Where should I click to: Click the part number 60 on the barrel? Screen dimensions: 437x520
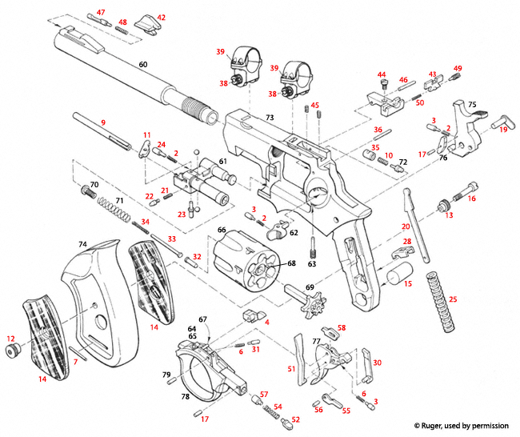143,63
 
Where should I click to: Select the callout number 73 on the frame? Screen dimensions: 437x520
270,118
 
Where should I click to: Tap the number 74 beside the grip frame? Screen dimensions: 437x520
82,243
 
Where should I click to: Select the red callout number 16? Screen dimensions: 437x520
471,198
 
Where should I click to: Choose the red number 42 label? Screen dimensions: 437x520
161,17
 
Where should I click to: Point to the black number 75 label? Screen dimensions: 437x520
472,104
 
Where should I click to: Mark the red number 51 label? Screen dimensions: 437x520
291,368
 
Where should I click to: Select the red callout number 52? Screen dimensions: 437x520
295,419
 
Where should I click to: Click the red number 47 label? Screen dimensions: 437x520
101,12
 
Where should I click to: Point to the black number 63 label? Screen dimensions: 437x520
312,263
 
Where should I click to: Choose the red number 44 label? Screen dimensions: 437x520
382,74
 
